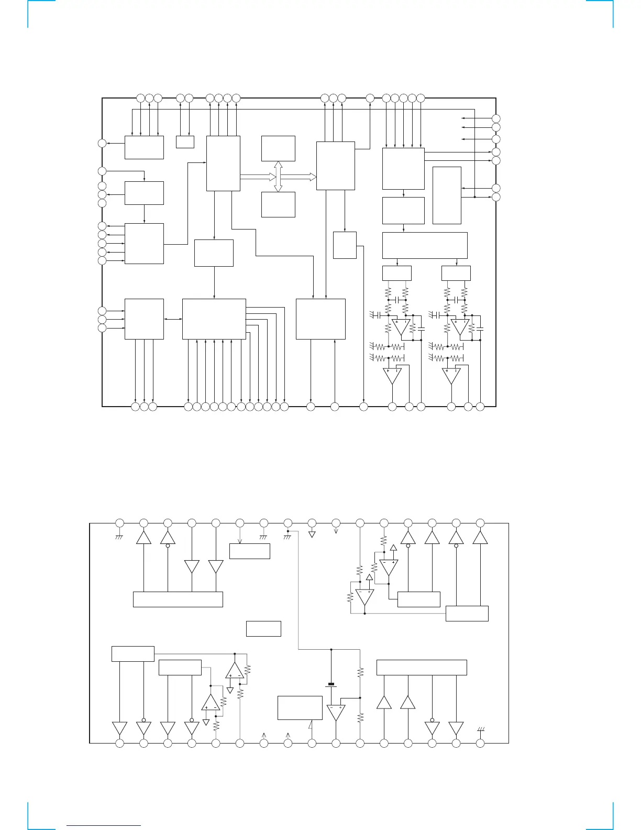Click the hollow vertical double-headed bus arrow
pyautogui.click(x=278, y=177)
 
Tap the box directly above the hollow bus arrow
pyautogui.click(x=278, y=148)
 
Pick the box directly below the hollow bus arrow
pyautogui.click(x=278, y=204)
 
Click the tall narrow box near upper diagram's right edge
pyautogui.click(x=447, y=195)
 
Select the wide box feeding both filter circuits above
pyautogui.click(x=425, y=245)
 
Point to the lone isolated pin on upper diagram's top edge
pyautogui.click(x=370, y=97)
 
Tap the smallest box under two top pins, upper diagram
pyautogui.click(x=185, y=142)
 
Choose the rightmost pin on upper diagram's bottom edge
pyautogui.click(x=480, y=406)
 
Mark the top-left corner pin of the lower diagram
pyautogui.click(x=119, y=522)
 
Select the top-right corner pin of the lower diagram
pyautogui.click(x=480, y=522)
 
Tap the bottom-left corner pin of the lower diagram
pyautogui.click(x=119, y=743)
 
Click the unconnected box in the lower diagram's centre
pyautogui.click(x=263, y=629)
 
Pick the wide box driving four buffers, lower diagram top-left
pyautogui.click(x=178, y=599)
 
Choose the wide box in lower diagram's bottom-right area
pyautogui.click(x=422, y=668)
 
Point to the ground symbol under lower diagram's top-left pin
pyautogui.click(x=119, y=537)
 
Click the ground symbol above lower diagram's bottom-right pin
pyautogui.click(x=480, y=729)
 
